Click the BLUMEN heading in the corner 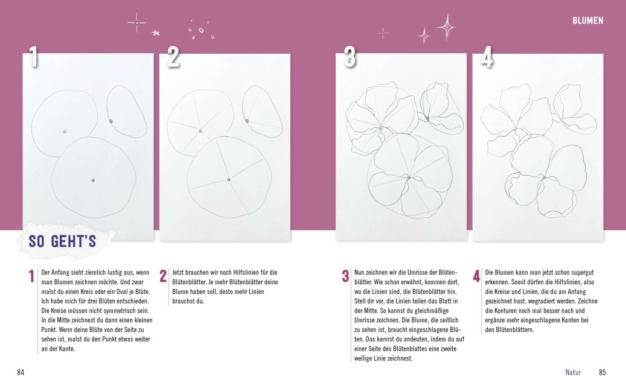click(588, 21)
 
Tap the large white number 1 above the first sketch click(34, 57)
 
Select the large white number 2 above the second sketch click(173, 57)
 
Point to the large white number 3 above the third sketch click(350, 57)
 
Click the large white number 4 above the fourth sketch click(487, 57)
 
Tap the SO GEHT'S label click(62, 242)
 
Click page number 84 click(21, 372)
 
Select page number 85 click(602, 372)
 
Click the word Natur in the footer click(573, 372)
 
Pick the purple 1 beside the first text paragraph click(32, 277)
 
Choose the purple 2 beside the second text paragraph click(163, 277)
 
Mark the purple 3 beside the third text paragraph click(345, 277)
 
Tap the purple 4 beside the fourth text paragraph click(476, 277)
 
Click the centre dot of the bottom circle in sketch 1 click(93, 180)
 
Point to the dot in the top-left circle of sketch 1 click(65, 131)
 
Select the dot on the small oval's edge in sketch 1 click(111, 121)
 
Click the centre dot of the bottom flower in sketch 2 click(229, 180)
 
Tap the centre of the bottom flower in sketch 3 click(409, 177)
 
